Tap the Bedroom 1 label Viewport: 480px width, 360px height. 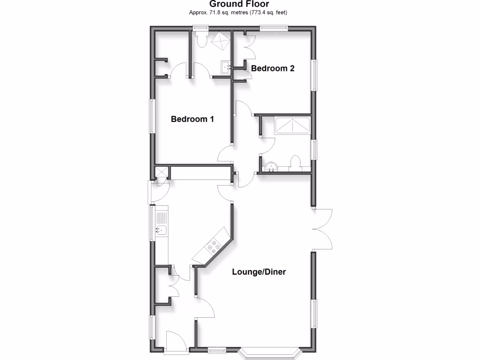(x=192, y=119)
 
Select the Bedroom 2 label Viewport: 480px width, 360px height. (x=273, y=68)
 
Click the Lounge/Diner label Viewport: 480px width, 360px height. (x=259, y=271)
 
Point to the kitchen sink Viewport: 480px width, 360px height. (x=161, y=230)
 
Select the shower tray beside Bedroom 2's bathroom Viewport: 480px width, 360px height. (x=292, y=126)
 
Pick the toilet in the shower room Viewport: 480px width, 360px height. (x=296, y=162)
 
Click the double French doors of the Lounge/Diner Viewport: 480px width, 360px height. (x=322, y=229)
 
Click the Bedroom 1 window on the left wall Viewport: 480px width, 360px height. (x=152, y=116)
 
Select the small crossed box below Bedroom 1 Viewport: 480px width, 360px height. (x=162, y=172)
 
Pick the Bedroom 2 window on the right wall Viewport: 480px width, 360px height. (x=315, y=75)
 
